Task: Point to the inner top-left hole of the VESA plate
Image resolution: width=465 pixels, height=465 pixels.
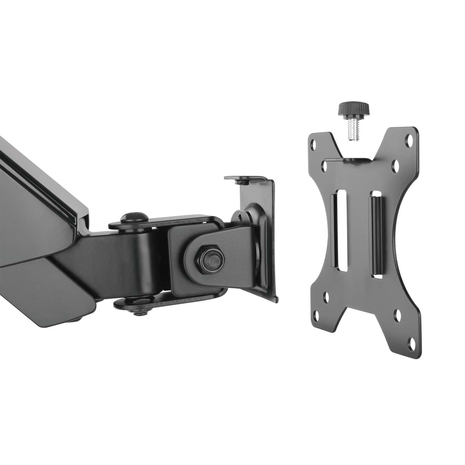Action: pyautogui.click(x=325, y=164)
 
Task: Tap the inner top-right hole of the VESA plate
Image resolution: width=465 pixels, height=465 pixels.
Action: pyautogui.click(x=396, y=164)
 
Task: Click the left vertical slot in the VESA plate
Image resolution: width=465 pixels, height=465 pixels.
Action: pyautogui.click(x=340, y=216)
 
